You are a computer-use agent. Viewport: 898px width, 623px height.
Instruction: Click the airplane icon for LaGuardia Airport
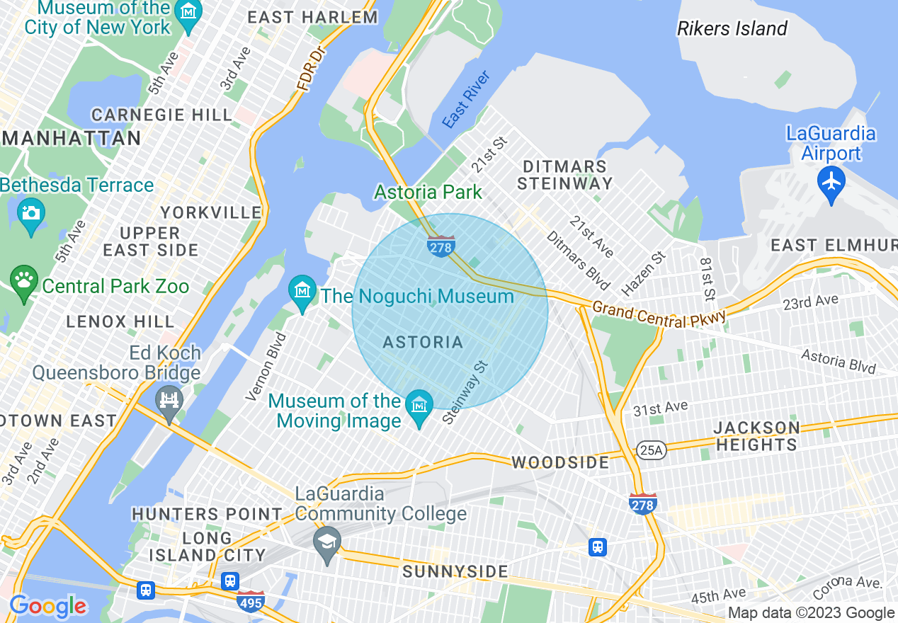tap(831, 182)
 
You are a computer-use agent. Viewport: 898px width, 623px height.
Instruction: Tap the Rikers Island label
tap(732, 28)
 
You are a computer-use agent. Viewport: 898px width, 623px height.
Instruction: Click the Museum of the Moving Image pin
tap(420, 406)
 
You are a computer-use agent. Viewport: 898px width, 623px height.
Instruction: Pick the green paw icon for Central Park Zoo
tap(25, 281)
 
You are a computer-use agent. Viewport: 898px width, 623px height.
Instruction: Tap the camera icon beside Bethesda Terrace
tap(31, 212)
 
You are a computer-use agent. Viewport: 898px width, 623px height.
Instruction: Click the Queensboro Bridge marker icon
tap(169, 401)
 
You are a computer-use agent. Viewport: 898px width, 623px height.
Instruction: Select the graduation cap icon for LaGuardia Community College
tap(326, 542)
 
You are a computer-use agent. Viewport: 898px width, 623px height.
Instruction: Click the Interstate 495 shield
tap(251, 602)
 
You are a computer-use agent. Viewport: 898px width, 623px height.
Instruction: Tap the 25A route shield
tap(652, 450)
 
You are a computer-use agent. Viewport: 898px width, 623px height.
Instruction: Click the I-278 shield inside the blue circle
tap(441, 246)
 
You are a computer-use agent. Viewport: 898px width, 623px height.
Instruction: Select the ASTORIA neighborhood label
tap(423, 343)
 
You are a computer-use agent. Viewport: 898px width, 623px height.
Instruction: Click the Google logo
tap(48, 606)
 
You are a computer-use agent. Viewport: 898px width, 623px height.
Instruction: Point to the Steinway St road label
tap(465, 393)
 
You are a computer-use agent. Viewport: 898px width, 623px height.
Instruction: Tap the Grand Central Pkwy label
tap(659, 314)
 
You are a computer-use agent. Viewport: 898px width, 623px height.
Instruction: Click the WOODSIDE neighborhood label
tap(560, 463)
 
